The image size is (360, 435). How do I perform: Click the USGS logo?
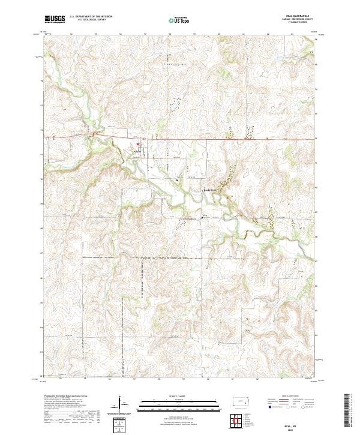click(55, 19)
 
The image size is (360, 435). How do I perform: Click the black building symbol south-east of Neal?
click(177, 179)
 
